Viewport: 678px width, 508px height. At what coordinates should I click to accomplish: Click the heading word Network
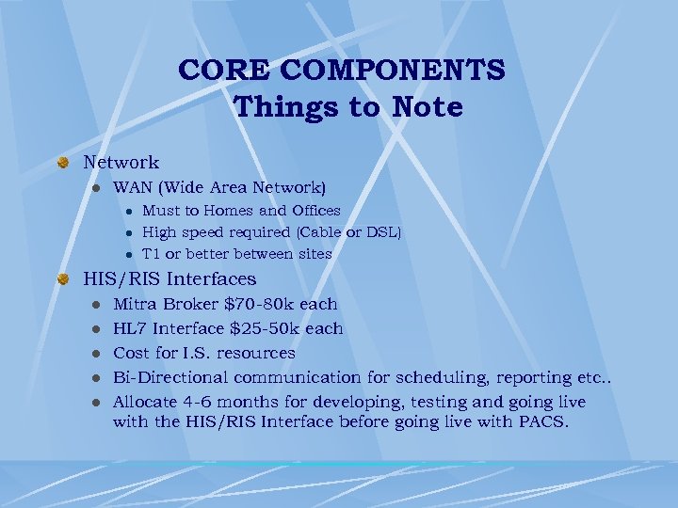coord(121,163)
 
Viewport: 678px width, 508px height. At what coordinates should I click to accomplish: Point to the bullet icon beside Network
coord(63,163)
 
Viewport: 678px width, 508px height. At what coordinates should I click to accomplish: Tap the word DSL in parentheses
coord(382,232)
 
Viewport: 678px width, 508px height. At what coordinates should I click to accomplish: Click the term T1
coord(152,254)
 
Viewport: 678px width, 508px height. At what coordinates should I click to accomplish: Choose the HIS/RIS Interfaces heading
coord(169,279)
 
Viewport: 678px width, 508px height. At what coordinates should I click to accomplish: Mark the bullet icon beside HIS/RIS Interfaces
coord(63,279)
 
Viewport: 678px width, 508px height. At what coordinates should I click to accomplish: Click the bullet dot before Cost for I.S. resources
coord(95,353)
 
